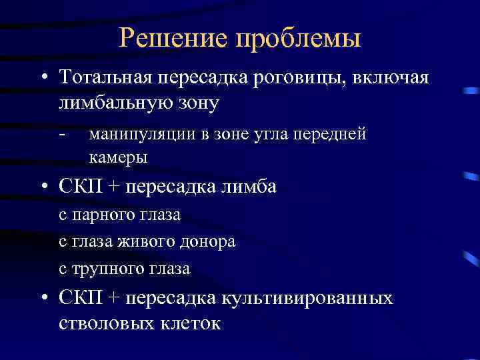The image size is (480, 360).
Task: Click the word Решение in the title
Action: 175,38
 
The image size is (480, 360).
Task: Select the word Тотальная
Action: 104,78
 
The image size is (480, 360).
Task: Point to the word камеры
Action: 117,158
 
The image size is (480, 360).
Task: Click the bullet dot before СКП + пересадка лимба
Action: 43,188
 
